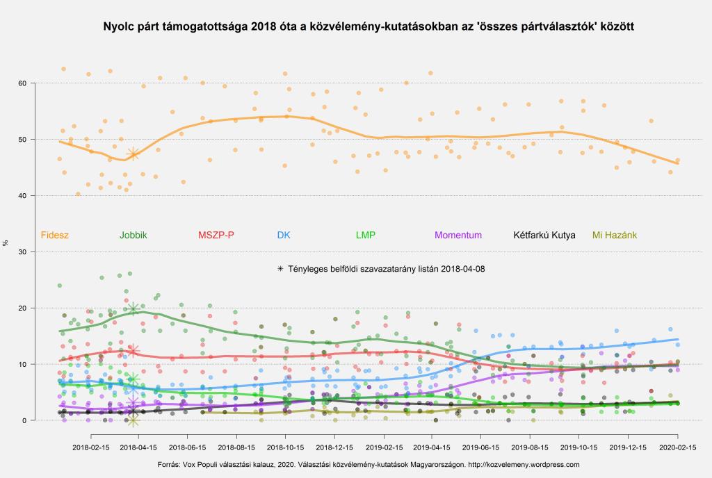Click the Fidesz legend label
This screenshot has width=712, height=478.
click(x=55, y=235)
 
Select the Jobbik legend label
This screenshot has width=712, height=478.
click(x=133, y=235)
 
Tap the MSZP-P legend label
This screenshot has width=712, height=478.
click(x=216, y=235)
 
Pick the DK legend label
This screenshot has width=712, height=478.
click(x=284, y=235)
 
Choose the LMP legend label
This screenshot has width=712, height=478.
click(x=365, y=235)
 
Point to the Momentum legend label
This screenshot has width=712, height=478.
click(x=458, y=235)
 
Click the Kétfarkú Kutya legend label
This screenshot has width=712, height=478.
click(x=544, y=235)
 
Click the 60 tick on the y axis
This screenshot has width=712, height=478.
click(x=22, y=83)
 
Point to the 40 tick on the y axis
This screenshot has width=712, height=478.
click(x=22, y=196)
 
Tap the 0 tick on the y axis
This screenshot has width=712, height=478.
click(x=24, y=420)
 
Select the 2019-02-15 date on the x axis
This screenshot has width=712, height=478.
click(x=382, y=449)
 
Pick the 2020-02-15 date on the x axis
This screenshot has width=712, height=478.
click(x=677, y=449)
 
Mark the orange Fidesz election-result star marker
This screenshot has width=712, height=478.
click(x=133, y=154)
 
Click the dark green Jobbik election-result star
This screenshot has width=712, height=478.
click(x=133, y=308)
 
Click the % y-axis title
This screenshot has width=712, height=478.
click(x=6, y=242)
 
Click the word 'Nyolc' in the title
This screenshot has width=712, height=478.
click(x=118, y=27)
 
